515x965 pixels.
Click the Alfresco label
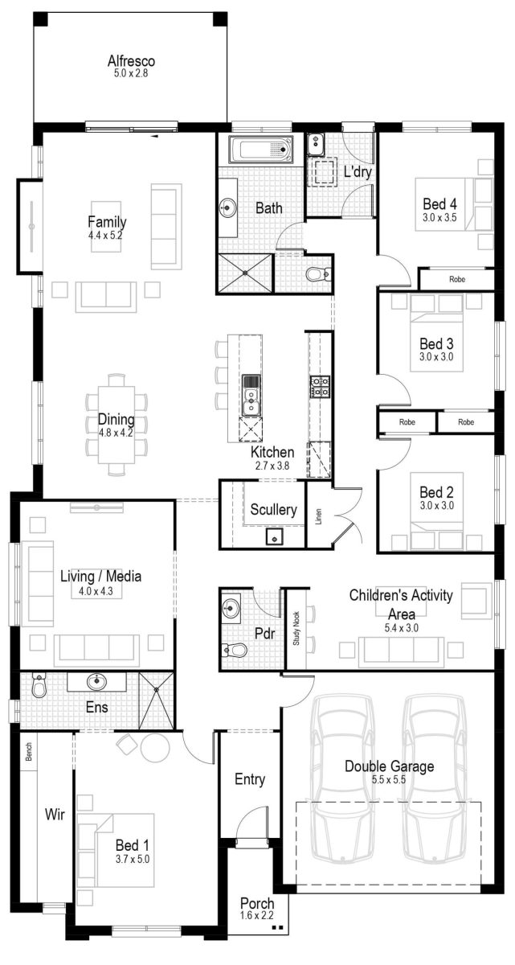(131, 61)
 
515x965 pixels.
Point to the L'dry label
(356, 172)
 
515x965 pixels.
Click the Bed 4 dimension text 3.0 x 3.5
(439, 217)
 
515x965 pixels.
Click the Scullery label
(273, 509)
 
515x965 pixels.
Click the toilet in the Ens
(39, 686)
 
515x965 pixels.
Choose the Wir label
(55, 815)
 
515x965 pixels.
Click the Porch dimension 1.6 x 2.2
(257, 915)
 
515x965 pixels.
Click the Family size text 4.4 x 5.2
(107, 236)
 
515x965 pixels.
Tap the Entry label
(250, 779)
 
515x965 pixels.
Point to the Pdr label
(264, 634)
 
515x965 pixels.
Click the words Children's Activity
(401, 596)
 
